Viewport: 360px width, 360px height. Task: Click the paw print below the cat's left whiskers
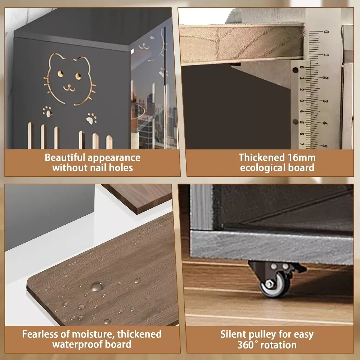48,111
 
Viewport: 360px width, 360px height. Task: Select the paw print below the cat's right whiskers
91,118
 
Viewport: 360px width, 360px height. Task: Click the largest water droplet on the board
97,287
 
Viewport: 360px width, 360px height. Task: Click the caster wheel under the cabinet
275,285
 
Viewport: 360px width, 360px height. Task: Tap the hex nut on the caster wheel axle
269,284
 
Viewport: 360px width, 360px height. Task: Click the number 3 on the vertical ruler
325,101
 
